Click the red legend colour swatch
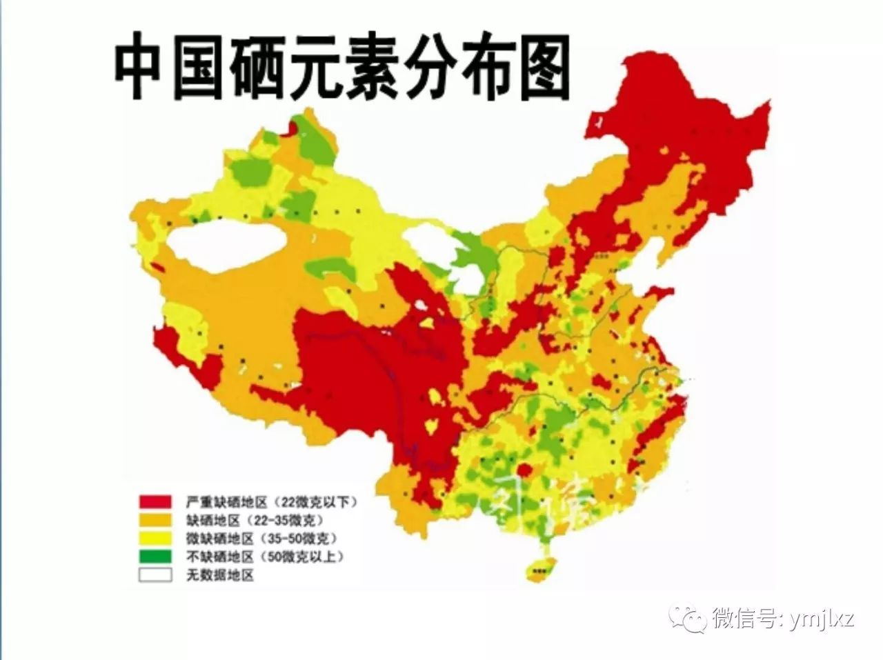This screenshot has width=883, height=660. click(x=155, y=501)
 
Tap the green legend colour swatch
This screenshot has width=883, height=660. click(x=155, y=556)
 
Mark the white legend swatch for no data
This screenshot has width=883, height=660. click(x=155, y=574)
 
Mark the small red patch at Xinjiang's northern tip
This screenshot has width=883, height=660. click(x=293, y=128)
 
